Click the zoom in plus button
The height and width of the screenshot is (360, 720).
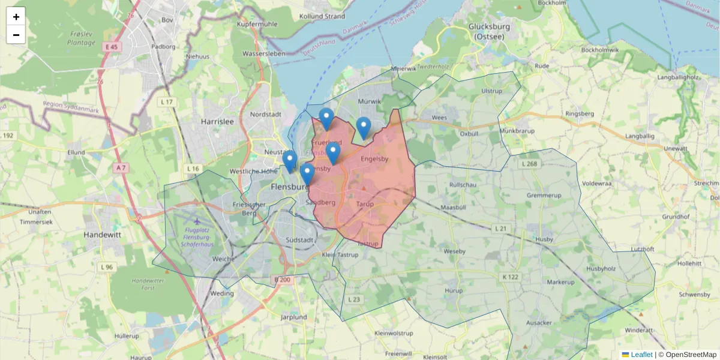pyautogui.click(x=16, y=16)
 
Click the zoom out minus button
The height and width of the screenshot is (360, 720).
pyautogui.click(x=16, y=35)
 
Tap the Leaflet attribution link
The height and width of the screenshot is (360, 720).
pyautogui.click(x=641, y=355)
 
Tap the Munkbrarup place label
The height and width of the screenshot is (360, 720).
pyautogui.click(x=517, y=130)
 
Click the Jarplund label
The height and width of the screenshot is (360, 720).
pyautogui.click(x=293, y=317)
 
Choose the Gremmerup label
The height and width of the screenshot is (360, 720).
pyautogui.click(x=542, y=196)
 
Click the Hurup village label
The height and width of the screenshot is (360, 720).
pyautogui.click(x=453, y=290)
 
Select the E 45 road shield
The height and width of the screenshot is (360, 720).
pyautogui.click(x=112, y=47)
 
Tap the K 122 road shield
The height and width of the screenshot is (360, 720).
pyautogui.click(x=510, y=277)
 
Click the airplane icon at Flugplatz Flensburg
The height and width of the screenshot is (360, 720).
pyautogui.click(x=198, y=220)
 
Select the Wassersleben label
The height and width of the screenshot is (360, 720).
pyautogui.click(x=262, y=53)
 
